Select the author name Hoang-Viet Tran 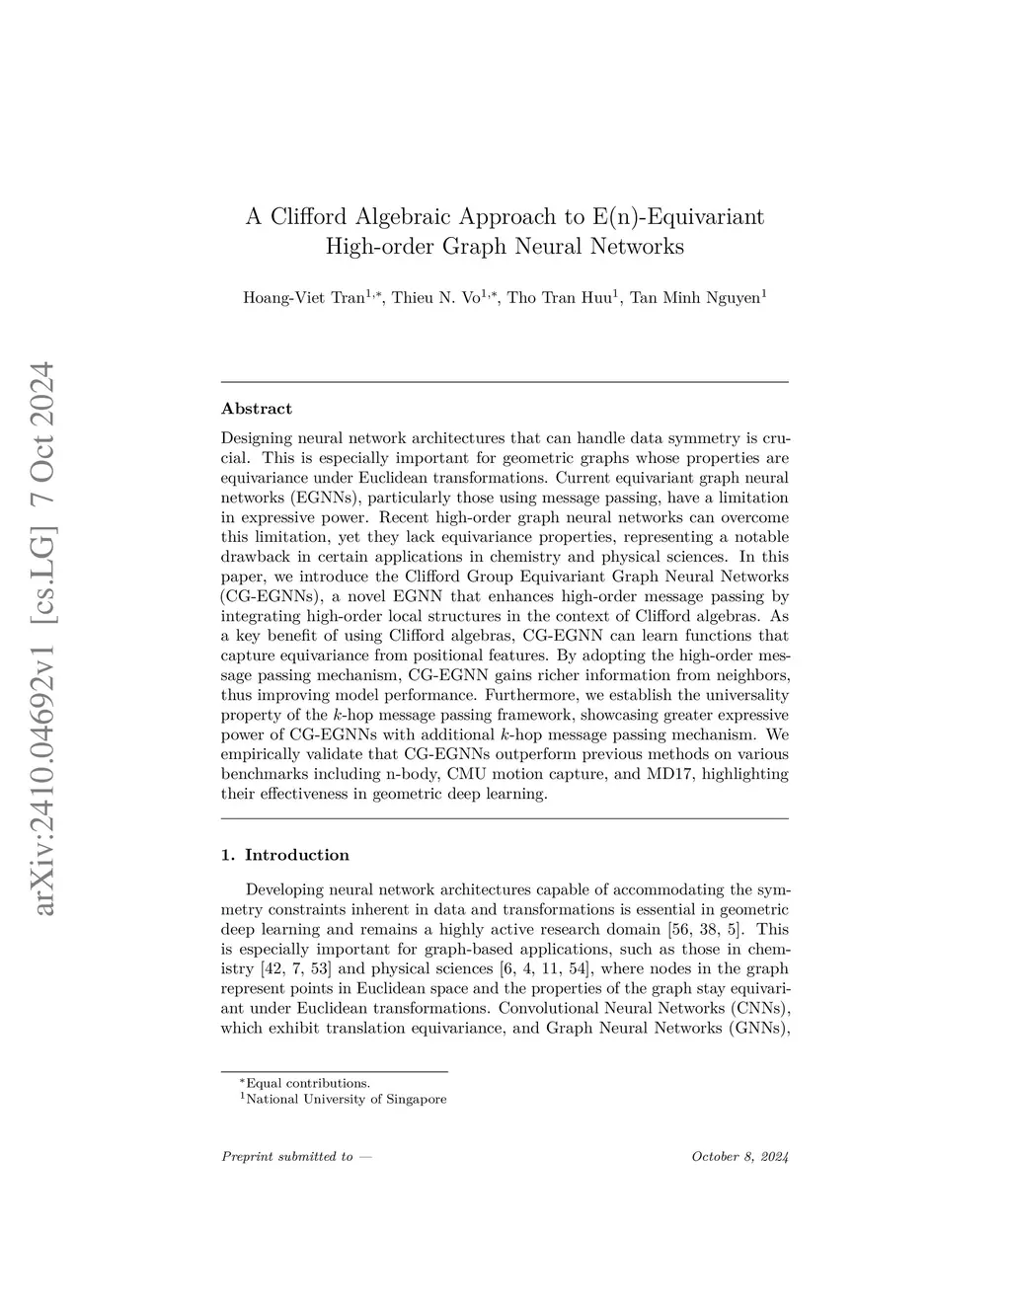tap(304, 298)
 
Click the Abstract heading tap(257, 409)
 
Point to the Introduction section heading tap(296, 855)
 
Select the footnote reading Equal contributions tap(307, 1083)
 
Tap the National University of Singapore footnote tap(345, 1099)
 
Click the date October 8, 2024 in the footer tap(740, 1157)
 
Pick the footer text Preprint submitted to tap(287, 1157)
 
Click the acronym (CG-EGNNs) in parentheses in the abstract tap(264, 596)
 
